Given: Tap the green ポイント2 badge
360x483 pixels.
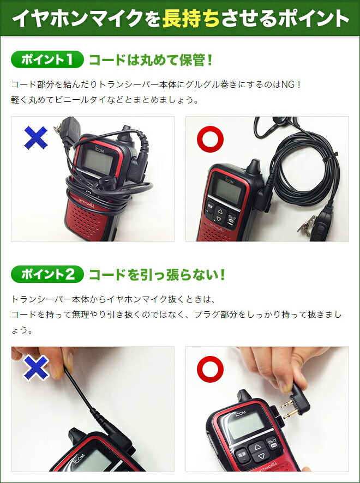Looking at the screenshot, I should coord(47,274).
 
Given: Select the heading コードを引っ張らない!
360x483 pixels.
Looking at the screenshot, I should coord(157,274).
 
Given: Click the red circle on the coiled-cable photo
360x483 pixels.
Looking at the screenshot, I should coord(210,140).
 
